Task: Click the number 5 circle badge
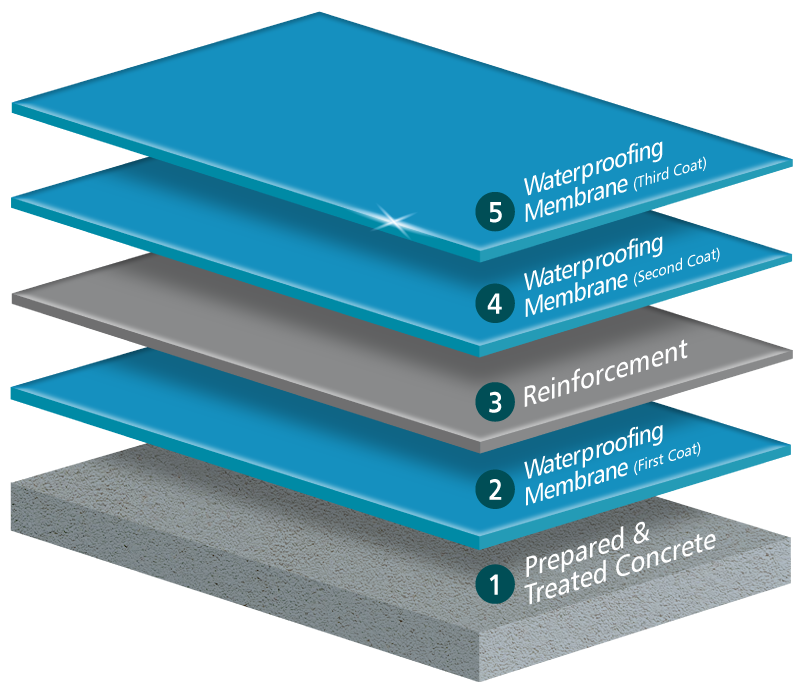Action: coord(494,211)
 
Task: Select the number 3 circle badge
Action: coord(494,400)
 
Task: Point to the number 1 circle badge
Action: coord(494,582)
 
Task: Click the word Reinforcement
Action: coord(606,375)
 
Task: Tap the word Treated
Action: coord(562,586)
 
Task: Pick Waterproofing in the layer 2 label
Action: coord(594,447)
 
